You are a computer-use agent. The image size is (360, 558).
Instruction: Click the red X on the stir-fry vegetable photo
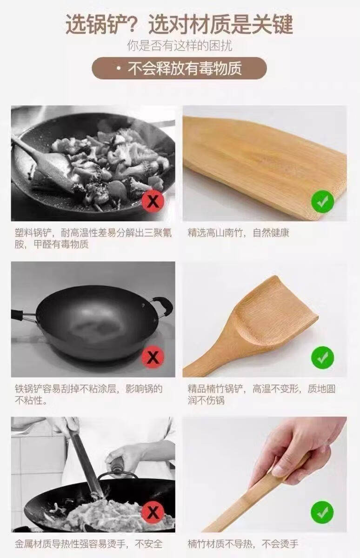click(x=153, y=201)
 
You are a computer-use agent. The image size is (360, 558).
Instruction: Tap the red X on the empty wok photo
click(x=153, y=357)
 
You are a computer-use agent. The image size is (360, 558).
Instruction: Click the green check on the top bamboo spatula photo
click(x=322, y=201)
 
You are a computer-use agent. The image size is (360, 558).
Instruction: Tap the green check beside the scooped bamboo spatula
click(x=322, y=358)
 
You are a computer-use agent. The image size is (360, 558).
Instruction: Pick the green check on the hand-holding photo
click(x=322, y=512)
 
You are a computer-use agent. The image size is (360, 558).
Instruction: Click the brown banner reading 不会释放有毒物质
click(x=180, y=68)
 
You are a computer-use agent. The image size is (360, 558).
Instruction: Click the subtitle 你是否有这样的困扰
click(x=180, y=46)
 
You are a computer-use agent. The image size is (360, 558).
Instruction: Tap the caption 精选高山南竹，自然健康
click(x=239, y=233)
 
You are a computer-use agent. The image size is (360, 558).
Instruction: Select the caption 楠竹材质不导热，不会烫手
click(x=243, y=544)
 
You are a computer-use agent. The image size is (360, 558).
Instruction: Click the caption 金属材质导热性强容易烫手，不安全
click(x=89, y=544)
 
